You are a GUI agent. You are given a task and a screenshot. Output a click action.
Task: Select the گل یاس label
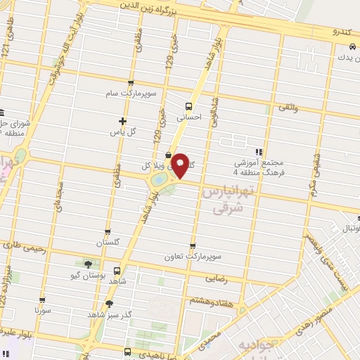(122, 132)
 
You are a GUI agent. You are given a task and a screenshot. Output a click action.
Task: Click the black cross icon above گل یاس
(122, 121)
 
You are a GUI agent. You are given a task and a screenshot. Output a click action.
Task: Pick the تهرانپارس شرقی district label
(225, 200)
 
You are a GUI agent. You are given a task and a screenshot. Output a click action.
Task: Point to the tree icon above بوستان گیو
(87, 264)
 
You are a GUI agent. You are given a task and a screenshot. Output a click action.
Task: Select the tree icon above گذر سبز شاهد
(109, 304)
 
